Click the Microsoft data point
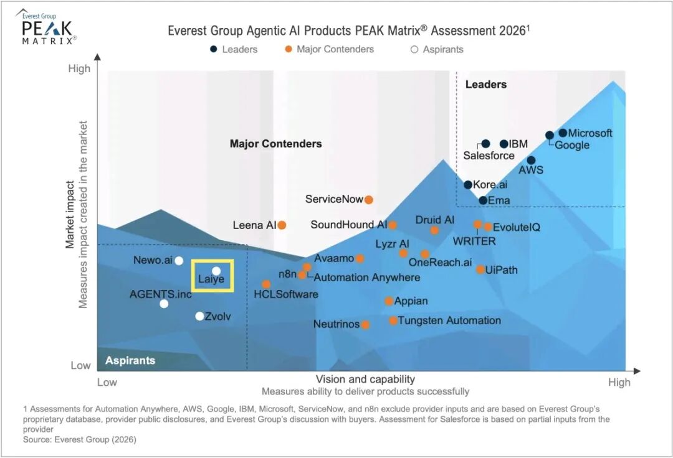(x=563, y=133)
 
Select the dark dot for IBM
(x=504, y=144)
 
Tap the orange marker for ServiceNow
(x=368, y=200)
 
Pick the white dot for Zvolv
(x=199, y=316)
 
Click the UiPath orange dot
(x=480, y=269)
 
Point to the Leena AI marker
(x=282, y=225)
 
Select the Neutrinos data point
(x=365, y=324)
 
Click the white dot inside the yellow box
(x=216, y=271)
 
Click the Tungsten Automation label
(x=449, y=320)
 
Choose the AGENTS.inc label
(x=161, y=294)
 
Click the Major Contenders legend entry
(x=335, y=49)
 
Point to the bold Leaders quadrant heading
(x=486, y=84)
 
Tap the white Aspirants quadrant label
(x=130, y=360)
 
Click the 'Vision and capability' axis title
(x=365, y=379)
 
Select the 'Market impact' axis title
(x=70, y=215)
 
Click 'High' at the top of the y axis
(x=79, y=68)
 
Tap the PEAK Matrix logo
(x=48, y=28)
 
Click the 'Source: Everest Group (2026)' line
(x=79, y=439)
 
